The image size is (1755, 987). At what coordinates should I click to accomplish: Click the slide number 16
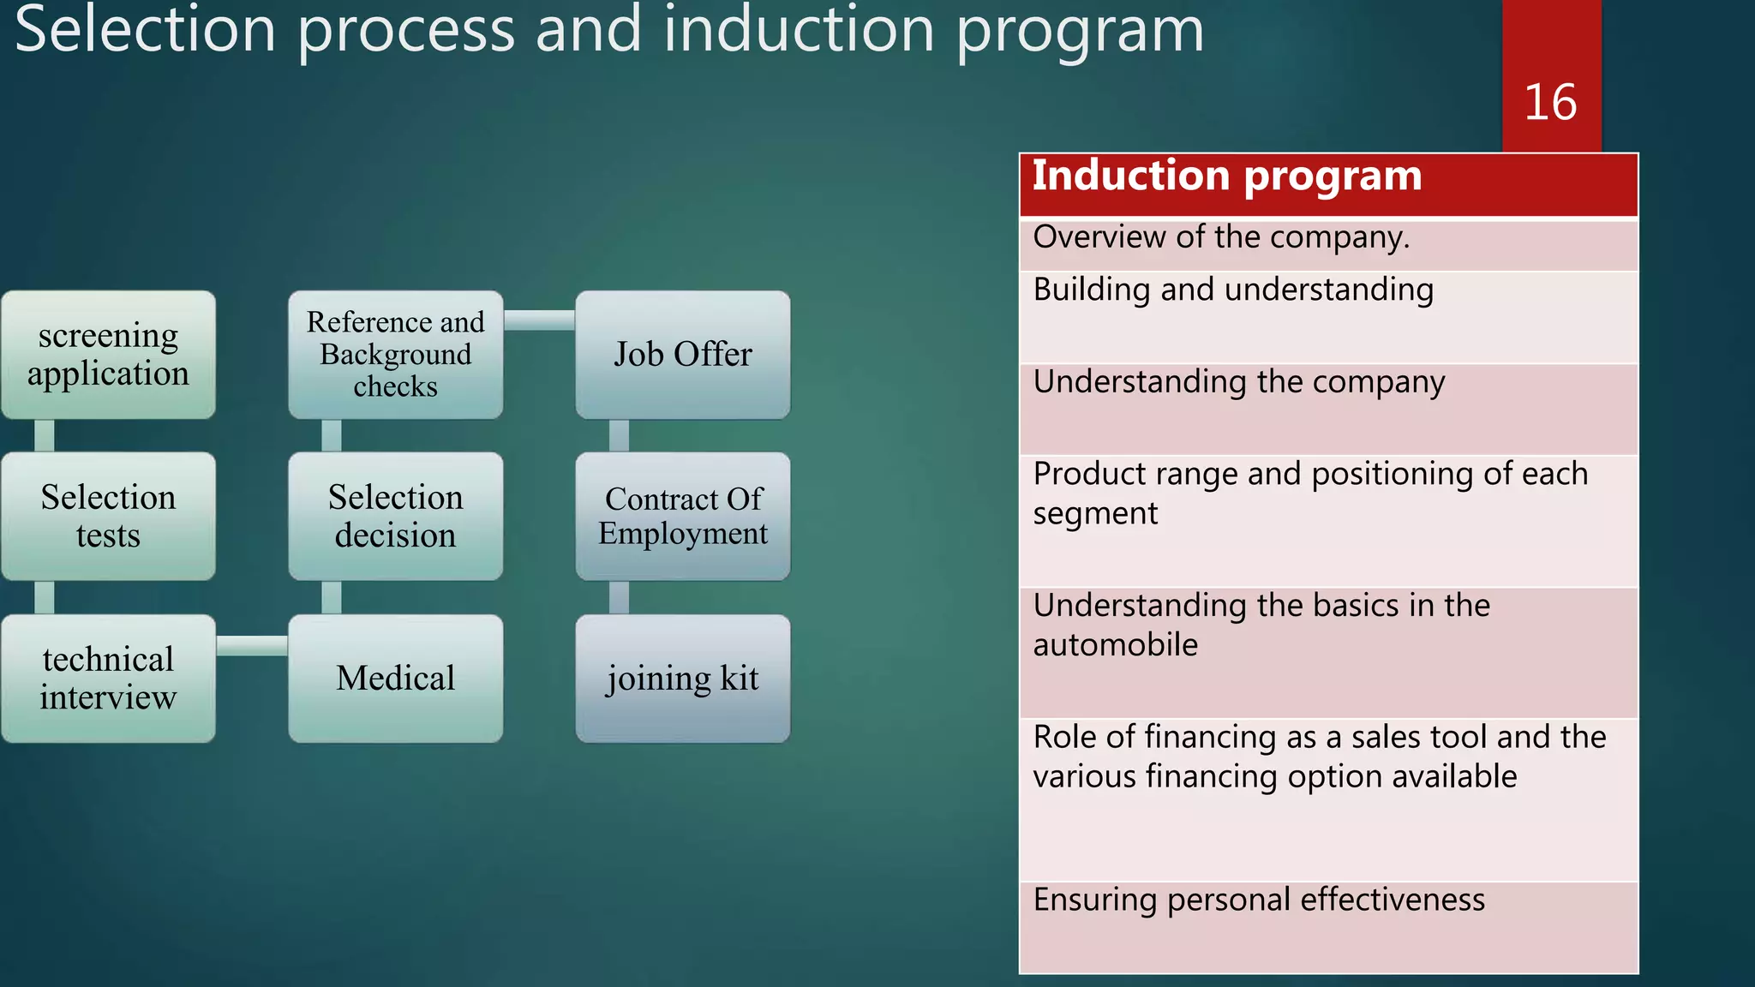1549,103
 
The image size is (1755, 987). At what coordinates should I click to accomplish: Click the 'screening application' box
108,355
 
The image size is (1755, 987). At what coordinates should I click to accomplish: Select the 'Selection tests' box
108,517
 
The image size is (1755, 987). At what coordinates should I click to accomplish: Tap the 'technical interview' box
108,679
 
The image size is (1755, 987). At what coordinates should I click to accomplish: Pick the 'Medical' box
395,679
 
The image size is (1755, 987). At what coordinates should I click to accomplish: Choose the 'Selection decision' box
395,517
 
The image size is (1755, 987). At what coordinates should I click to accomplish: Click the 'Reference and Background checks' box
395,355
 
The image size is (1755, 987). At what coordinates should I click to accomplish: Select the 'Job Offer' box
682,355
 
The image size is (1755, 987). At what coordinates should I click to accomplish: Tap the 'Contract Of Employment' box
682,517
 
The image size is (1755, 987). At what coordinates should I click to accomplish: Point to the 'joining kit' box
682,679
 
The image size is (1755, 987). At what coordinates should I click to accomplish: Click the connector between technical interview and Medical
251,646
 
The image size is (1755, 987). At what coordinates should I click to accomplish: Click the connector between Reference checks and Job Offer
538,320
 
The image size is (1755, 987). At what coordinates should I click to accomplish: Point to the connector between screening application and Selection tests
45,435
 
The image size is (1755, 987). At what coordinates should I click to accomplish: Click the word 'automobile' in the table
1115,645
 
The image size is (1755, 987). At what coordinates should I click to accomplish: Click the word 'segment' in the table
1094,514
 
